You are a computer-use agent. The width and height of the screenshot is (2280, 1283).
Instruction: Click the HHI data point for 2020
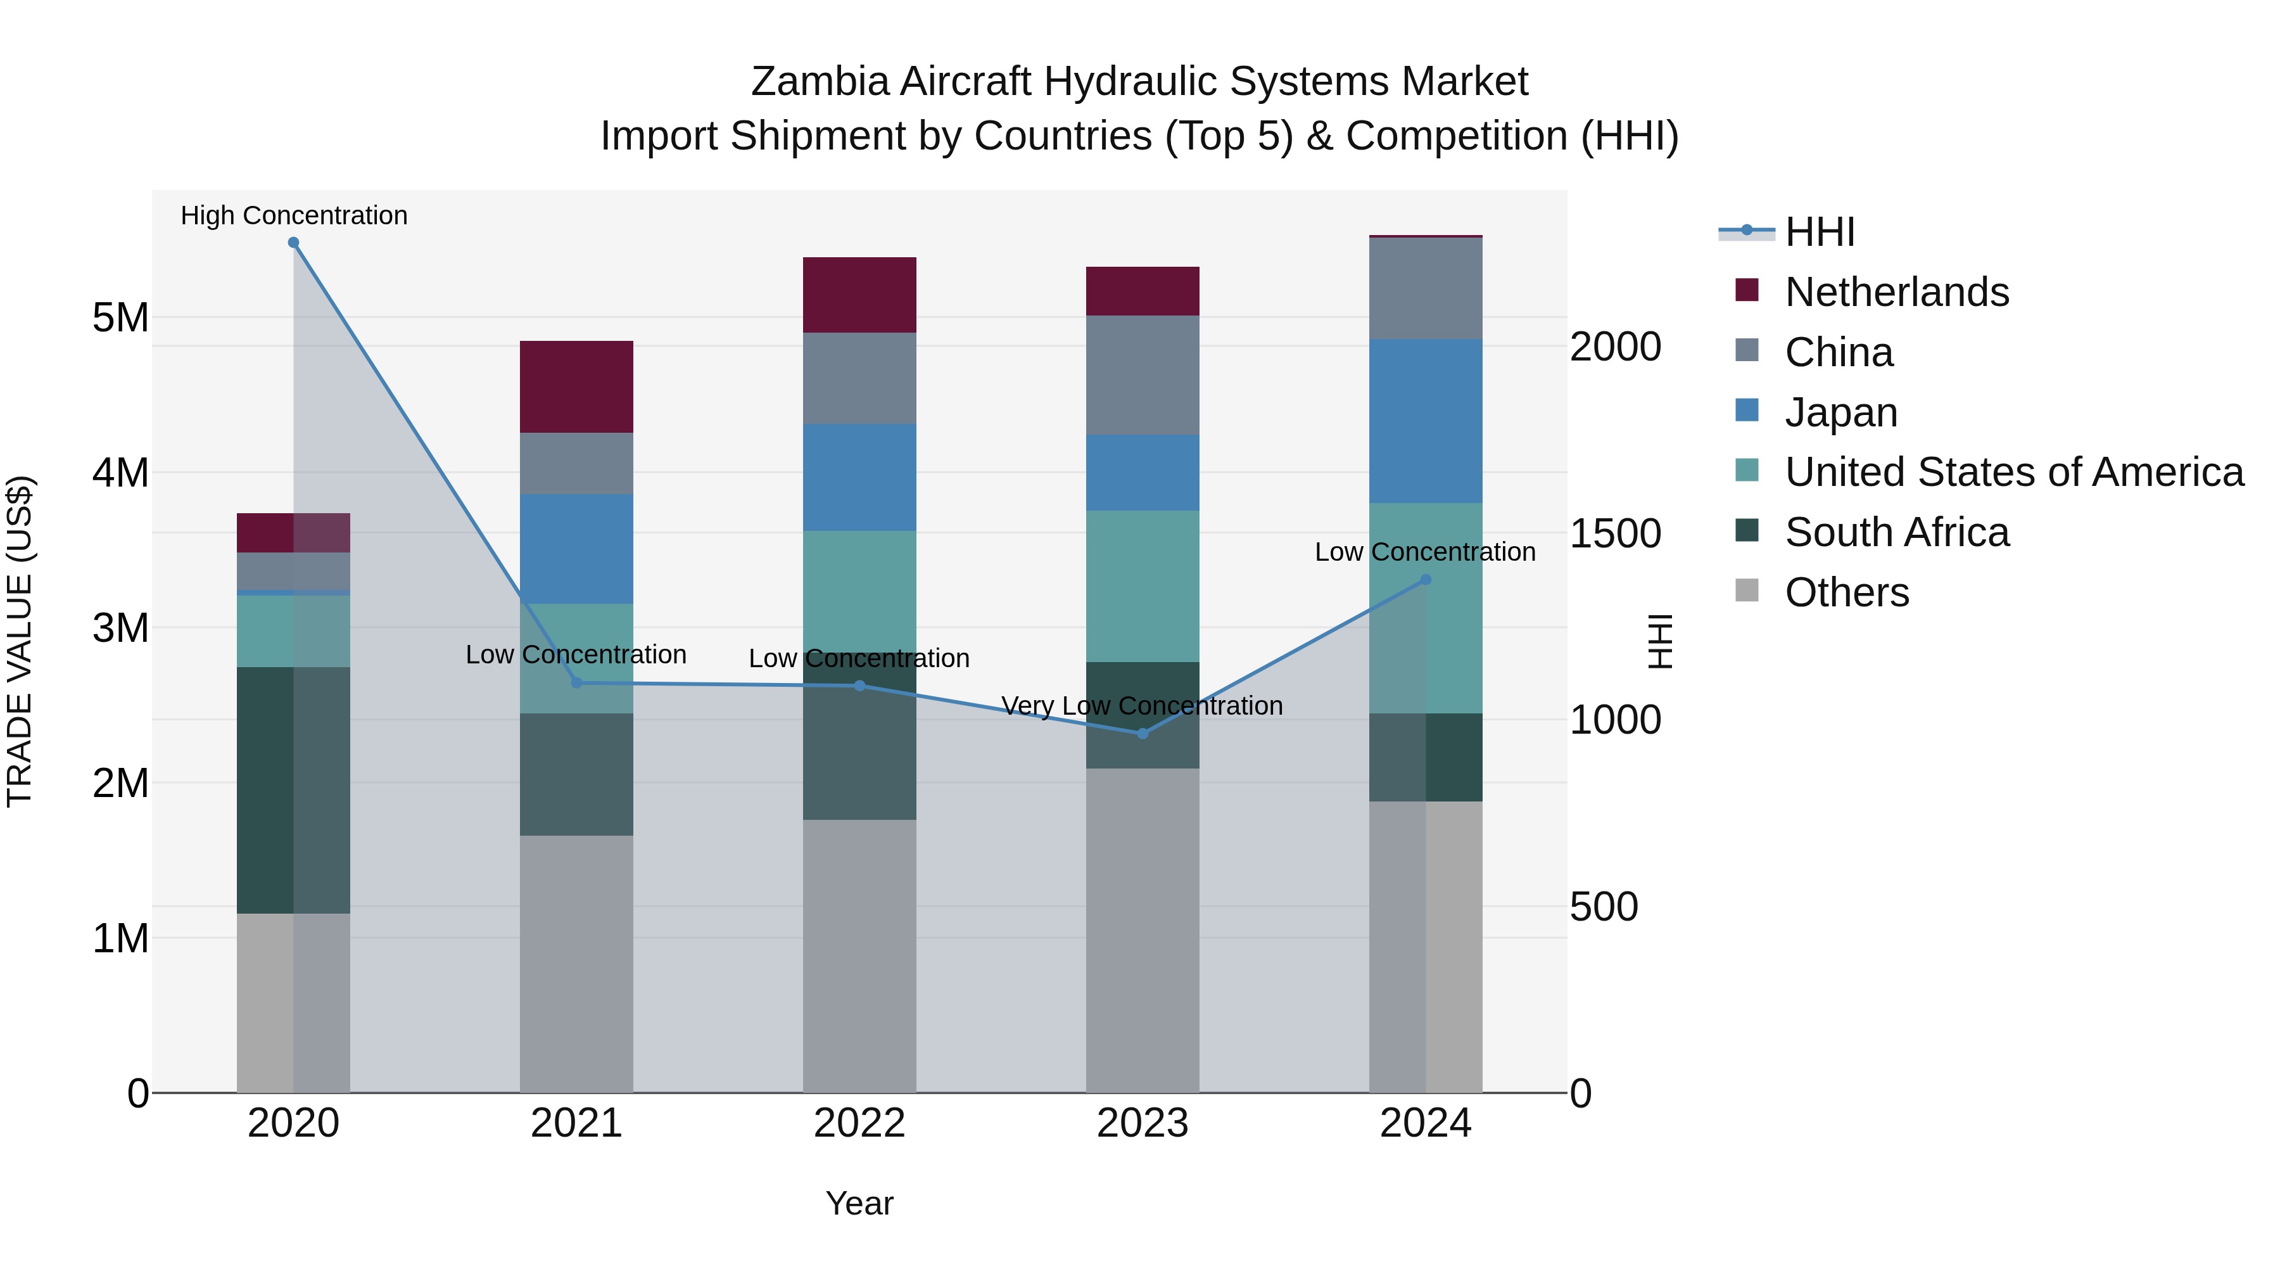click(x=294, y=243)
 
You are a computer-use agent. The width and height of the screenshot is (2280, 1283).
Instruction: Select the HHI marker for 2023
click(x=1142, y=733)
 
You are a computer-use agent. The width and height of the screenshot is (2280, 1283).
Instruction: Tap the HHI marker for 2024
click(x=1425, y=580)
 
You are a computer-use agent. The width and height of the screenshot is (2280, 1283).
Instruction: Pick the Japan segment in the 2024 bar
click(x=1425, y=421)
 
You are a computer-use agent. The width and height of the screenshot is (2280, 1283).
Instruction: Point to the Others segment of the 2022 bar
click(x=859, y=955)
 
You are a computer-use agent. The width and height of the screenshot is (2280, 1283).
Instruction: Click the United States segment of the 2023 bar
click(x=1142, y=585)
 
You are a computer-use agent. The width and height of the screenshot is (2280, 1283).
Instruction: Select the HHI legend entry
click(x=1819, y=232)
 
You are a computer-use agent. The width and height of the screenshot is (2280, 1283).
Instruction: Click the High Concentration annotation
click(x=294, y=215)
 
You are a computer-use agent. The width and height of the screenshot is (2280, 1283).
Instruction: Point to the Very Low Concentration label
click(x=1142, y=706)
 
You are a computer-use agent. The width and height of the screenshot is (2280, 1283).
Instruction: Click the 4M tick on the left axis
click(x=120, y=473)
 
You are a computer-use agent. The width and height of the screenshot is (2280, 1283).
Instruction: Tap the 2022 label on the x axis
click(x=859, y=1123)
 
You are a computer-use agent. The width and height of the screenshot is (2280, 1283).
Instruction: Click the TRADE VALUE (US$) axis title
click(x=20, y=641)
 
